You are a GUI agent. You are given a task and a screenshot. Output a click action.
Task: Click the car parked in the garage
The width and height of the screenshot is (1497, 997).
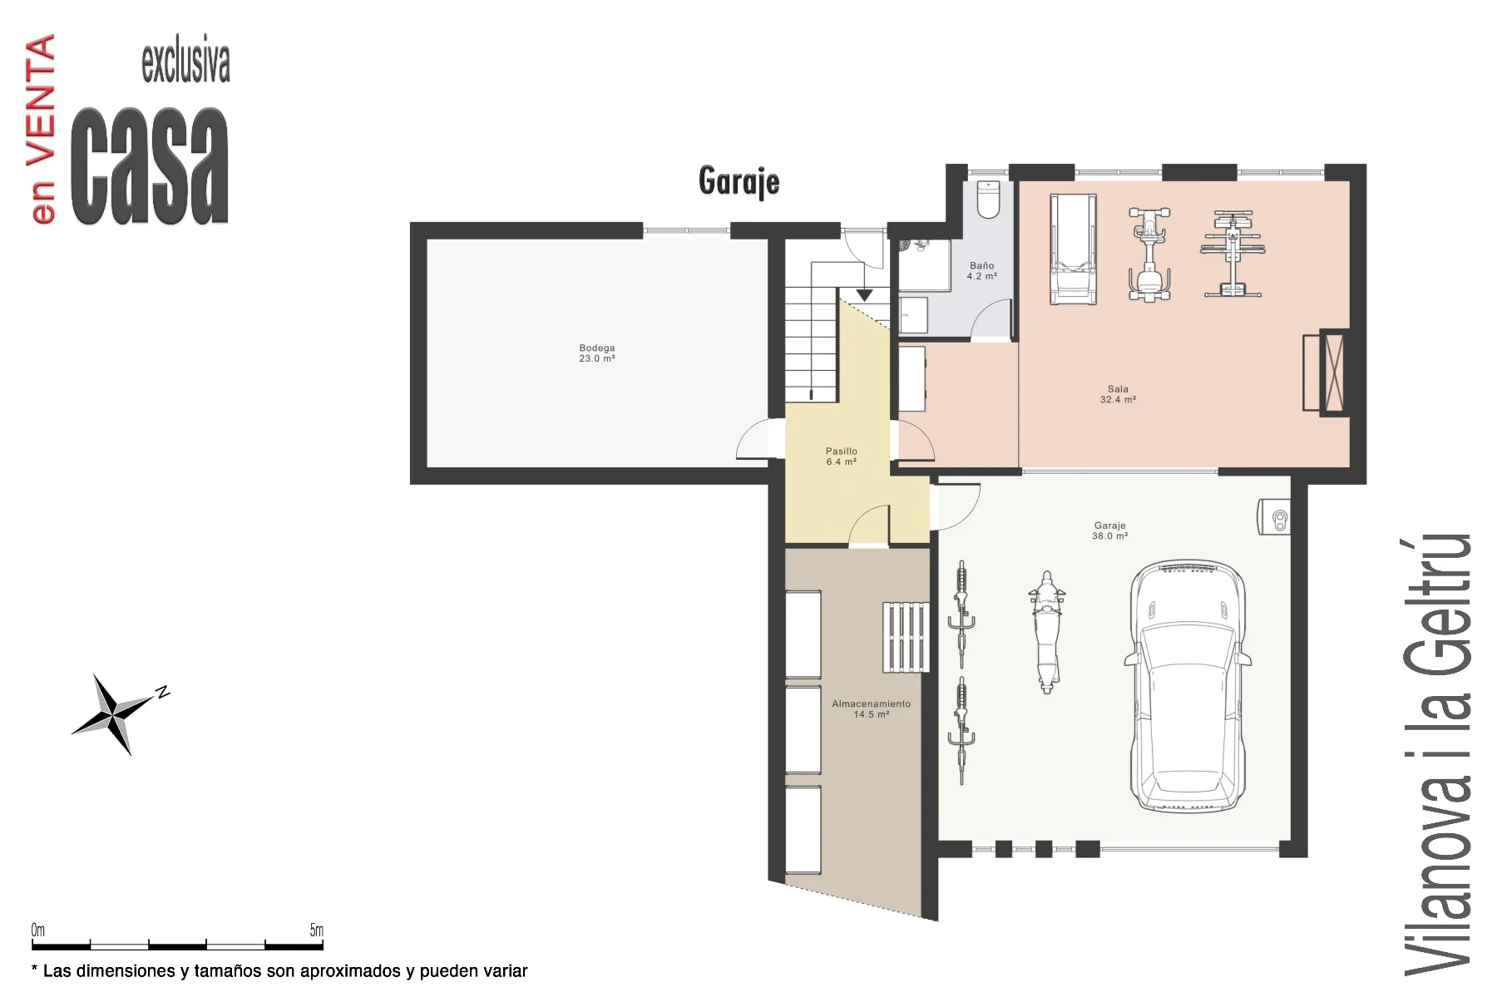[1188, 687]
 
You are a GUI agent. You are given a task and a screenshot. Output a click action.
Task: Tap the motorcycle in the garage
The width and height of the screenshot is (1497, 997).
[1045, 632]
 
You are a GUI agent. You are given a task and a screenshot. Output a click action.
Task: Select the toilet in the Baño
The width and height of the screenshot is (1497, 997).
[987, 199]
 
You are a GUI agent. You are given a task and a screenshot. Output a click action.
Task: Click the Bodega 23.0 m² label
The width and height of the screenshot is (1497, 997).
[597, 353]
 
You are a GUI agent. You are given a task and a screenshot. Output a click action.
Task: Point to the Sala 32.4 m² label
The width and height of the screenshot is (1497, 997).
[1118, 394]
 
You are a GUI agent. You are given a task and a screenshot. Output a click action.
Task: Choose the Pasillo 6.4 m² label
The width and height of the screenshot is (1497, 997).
[842, 457]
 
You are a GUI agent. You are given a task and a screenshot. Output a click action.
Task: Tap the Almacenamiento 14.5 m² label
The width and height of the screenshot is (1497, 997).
[871, 708]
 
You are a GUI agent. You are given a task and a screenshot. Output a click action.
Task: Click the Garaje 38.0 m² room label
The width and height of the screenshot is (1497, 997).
[1110, 531]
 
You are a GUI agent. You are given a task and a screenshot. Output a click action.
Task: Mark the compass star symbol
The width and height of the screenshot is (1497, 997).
[113, 713]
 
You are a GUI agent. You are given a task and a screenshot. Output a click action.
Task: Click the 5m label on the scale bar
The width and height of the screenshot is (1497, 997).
[316, 930]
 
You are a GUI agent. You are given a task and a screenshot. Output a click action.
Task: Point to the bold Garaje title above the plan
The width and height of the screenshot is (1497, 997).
[739, 182]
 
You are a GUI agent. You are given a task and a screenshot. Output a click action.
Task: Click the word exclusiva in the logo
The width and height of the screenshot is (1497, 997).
[185, 62]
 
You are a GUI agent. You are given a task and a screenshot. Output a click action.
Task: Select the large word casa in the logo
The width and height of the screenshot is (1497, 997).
[151, 165]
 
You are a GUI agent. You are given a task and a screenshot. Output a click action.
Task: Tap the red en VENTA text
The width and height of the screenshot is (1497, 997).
[42, 129]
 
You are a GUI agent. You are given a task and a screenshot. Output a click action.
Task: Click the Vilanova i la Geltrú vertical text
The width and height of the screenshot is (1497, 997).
[1436, 753]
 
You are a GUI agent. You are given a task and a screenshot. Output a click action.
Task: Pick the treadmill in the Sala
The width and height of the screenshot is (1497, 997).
[1072, 249]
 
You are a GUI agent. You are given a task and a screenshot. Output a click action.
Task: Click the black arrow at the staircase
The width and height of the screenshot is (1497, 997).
[865, 295]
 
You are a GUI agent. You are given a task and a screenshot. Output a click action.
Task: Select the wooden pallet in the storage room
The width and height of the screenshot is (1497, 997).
[906, 637]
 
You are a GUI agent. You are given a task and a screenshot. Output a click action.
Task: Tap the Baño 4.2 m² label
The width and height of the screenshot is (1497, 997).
[981, 271]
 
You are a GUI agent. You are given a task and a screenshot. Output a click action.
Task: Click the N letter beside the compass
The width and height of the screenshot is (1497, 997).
[163, 692]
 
